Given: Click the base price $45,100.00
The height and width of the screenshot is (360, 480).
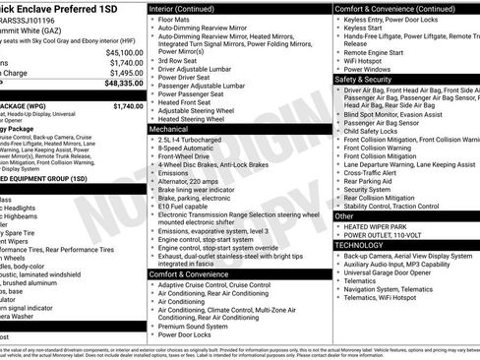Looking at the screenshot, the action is tap(124, 52).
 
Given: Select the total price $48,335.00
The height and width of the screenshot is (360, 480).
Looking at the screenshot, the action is tap(121, 84).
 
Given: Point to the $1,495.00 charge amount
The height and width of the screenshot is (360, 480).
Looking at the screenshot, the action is tap(126, 73).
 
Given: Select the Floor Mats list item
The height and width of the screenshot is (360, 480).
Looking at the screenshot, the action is tap(178, 19).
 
